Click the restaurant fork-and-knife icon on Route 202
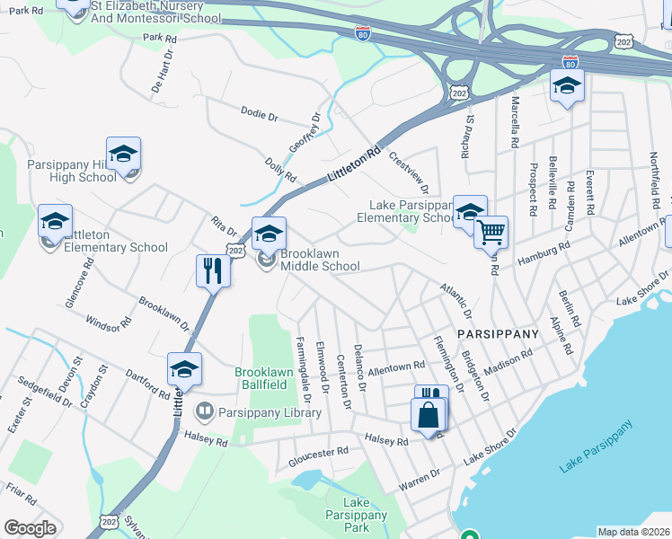click(212, 269)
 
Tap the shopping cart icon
click(491, 232)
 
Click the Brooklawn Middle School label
click(320, 261)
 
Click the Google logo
click(30, 528)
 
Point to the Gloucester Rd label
click(317, 456)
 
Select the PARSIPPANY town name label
click(498, 333)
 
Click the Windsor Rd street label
click(108, 323)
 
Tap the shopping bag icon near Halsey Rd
click(429, 415)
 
